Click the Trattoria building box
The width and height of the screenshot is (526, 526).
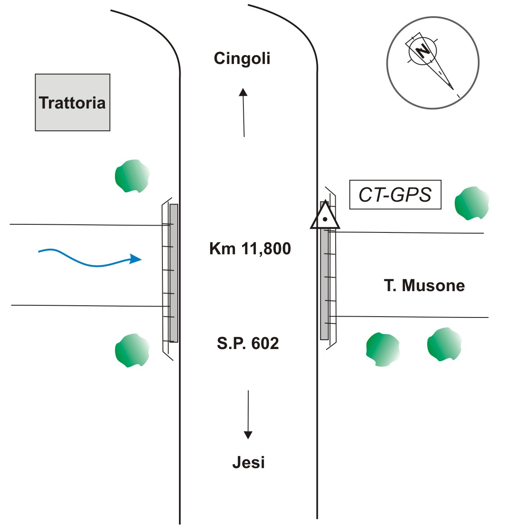pyautogui.click(x=72, y=102)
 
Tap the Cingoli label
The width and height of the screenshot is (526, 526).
pyautogui.click(x=242, y=58)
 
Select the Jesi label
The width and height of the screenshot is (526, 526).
pyautogui.click(x=248, y=462)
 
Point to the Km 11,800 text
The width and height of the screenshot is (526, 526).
pyautogui.click(x=250, y=248)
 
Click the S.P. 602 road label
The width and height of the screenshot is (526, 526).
pyautogui.click(x=248, y=343)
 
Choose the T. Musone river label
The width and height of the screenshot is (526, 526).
pyautogui.click(x=424, y=285)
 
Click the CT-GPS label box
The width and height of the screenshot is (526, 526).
pyautogui.click(x=395, y=195)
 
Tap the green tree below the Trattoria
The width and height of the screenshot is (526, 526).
pyautogui.click(x=132, y=176)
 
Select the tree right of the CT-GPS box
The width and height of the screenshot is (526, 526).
pyautogui.click(x=472, y=203)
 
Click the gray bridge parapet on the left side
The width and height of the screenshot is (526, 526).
pyautogui.click(x=174, y=273)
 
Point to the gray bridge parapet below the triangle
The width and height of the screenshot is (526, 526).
pyautogui.click(x=324, y=283)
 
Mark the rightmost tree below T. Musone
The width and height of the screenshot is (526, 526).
pyautogui.click(x=444, y=345)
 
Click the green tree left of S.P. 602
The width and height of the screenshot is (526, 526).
pyautogui.click(x=132, y=350)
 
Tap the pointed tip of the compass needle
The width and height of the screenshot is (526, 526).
pyautogui.click(x=453, y=88)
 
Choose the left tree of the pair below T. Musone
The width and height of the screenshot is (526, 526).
pyautogui.click(x=383, y=349)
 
